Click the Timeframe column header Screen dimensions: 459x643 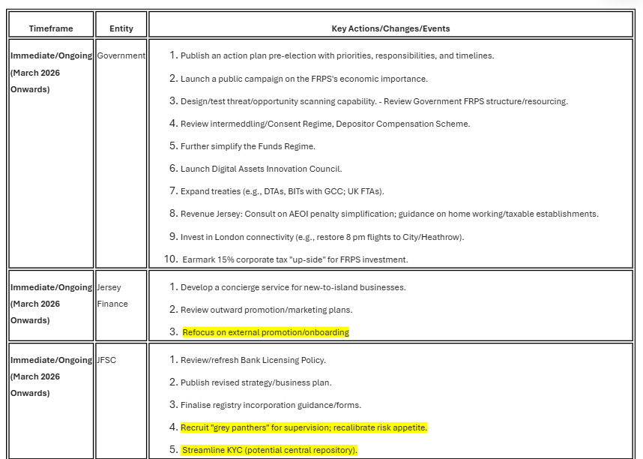point(51,28)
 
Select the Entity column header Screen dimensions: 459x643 point(121,28)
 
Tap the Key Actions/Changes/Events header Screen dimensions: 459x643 point(390,28)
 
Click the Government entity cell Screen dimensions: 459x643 point(121,55)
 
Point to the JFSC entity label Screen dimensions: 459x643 point(106,360)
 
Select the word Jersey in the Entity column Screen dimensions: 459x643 point(109,287)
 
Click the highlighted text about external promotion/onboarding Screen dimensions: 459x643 point(265,332)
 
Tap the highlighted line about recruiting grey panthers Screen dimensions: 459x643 point(304,427)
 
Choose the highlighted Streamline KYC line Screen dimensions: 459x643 point(270,450)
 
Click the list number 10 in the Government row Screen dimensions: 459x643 point(171,259)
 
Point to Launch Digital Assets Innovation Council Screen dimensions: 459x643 point(261,169)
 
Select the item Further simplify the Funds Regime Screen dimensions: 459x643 point(247,146)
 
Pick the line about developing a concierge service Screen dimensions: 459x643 point(292,287)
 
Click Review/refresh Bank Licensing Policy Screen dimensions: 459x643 point(253,360)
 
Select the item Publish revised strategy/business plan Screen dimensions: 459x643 point(256,382)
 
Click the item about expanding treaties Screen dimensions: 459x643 point(282,191)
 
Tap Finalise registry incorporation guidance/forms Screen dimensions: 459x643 point(271,405)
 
